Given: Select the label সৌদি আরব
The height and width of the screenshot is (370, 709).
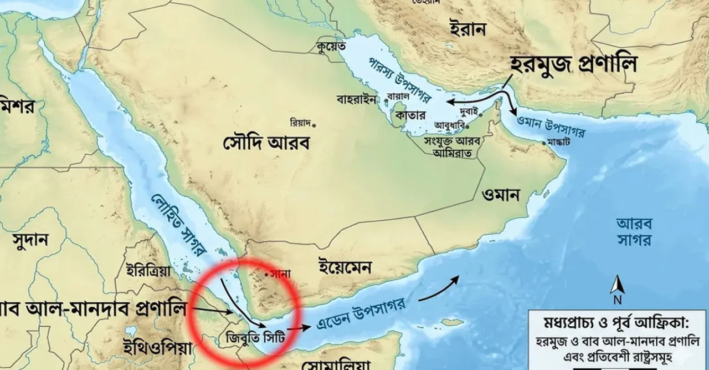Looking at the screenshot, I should pos(266,143).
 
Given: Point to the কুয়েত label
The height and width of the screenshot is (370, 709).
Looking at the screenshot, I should pos(332,46).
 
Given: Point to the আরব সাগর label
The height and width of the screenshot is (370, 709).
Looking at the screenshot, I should pos(634,231).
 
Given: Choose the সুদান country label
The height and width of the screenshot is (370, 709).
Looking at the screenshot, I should pos(30,240).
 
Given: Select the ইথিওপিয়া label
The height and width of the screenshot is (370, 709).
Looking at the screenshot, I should pos(158,348).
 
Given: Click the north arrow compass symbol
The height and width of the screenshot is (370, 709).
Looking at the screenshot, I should pos(617,288).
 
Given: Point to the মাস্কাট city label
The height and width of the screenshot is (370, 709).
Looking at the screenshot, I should pos(559,141).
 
